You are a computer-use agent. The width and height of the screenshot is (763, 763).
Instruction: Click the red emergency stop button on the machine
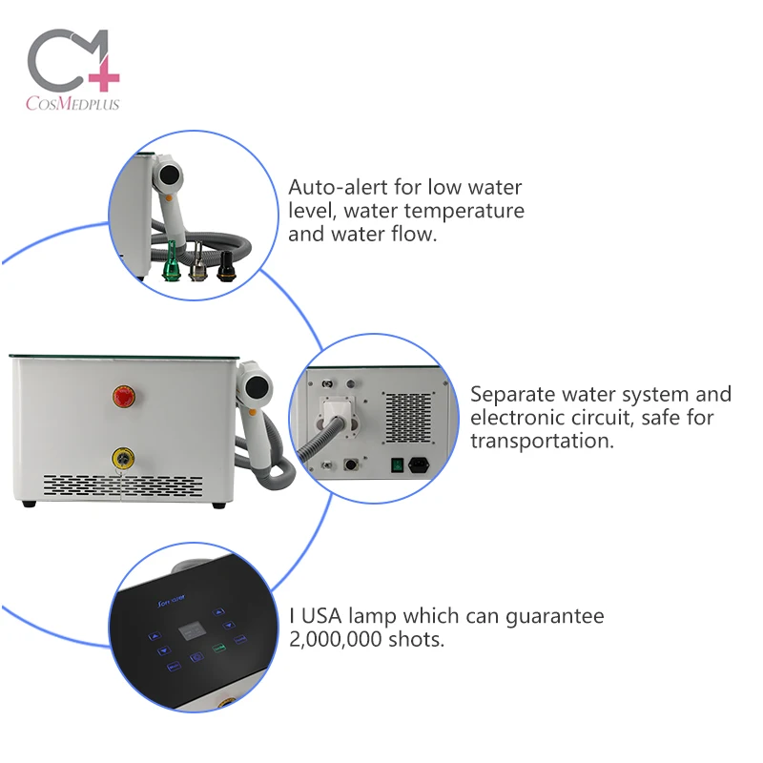(122, 396)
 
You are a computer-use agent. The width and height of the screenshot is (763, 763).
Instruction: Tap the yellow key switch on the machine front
(122, 457)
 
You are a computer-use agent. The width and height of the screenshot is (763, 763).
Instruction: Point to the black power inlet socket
(416, 466)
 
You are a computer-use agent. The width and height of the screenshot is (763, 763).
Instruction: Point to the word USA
(323, 616)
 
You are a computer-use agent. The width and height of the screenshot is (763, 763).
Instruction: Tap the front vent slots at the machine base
(124, 485)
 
